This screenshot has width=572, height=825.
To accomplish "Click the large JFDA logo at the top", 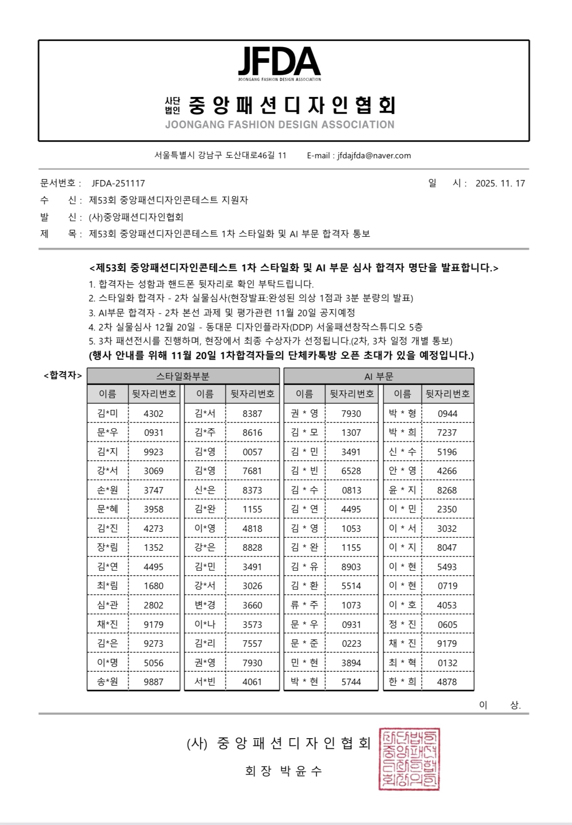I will point(279,62).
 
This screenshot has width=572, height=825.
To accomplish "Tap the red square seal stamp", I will point(409,759).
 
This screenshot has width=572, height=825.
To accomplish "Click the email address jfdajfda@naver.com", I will point(374,156).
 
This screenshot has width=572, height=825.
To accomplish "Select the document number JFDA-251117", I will point(118,183).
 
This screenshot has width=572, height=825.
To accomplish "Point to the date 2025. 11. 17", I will point(500,183).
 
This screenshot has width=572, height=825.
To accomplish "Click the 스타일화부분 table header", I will point(183,376).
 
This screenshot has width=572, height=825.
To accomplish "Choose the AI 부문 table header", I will point(379,376).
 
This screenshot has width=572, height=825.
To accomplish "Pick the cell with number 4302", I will point(153,414).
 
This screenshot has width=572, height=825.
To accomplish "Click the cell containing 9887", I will point(153,682).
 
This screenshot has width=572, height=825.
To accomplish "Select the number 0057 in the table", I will point(252,452).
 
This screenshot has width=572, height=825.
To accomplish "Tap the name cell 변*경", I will point(205,605).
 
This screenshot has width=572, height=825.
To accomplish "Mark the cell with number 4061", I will point(252,682).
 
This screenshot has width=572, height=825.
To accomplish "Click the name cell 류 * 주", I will point(304,605).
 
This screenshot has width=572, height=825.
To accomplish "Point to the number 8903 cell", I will point(351,567).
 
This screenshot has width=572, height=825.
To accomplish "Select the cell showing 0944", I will point(447,414).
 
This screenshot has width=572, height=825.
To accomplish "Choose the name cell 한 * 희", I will point(402,682).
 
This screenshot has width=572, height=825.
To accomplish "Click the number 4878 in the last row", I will point(447,682).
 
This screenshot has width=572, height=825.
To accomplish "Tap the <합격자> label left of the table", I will point(63,375).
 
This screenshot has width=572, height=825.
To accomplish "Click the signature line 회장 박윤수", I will point(283,771).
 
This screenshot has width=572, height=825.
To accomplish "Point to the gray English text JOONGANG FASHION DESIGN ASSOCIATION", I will point(280,125).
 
